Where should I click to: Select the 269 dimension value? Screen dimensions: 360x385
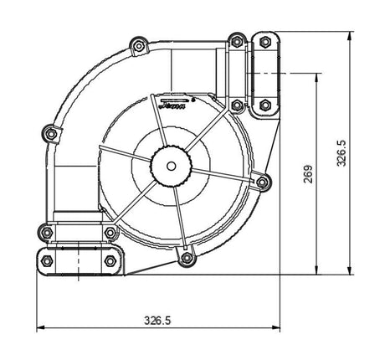click(x=309, y=173)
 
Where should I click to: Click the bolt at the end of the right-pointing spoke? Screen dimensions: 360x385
click(x=261, y=182)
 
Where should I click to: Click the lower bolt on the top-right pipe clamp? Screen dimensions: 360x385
click(x=265, y=105)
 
